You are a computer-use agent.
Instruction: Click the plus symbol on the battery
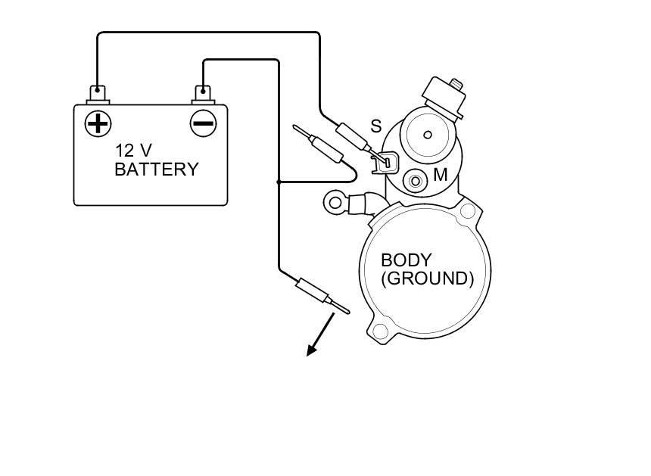pos(98,123)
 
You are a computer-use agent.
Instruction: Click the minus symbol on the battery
pos(203,123)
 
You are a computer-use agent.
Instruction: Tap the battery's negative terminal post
pos(203,93)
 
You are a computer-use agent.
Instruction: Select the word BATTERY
pos(156,170)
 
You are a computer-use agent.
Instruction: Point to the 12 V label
pos(133,149)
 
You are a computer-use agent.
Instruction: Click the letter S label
pos(375,126)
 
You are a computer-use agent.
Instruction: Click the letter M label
pos(441,176)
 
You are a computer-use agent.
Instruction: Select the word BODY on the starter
pos(406,260)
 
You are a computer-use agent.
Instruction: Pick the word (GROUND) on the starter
pos(427,278)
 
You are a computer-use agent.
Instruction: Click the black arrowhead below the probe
pos(311,350)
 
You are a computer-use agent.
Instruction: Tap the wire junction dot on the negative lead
pos(279,182)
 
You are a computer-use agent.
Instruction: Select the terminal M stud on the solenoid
pos(415,181)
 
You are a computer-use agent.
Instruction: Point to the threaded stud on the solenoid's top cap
pos(456,82)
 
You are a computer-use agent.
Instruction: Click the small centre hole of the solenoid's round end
pos(427,135)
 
